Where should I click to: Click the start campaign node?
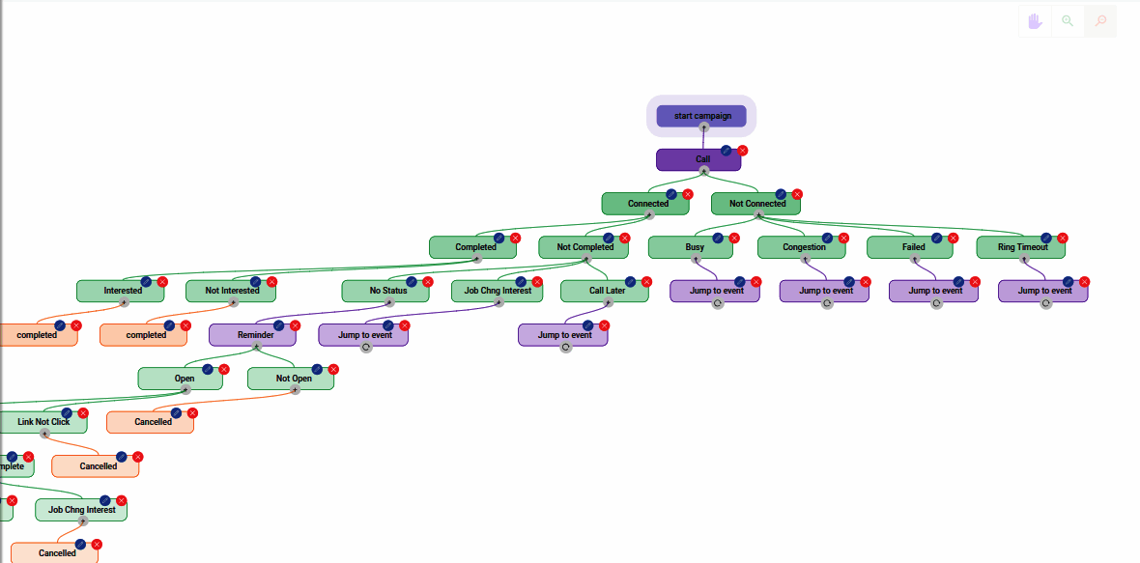point(702,116)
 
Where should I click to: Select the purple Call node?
point(698,159)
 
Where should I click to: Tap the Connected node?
point(645,204)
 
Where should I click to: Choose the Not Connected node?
point(755,204)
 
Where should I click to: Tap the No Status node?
point(385,291)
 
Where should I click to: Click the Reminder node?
point(253,335)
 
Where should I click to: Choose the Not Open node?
point(291,379)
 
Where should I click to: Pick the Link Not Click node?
point(43,422)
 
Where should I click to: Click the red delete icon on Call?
point(743,151)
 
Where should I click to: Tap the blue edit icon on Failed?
point(936,238)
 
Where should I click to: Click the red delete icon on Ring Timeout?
point(1063,238)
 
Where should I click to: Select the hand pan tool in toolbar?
point(1035,21)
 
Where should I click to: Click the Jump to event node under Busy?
point(714,291)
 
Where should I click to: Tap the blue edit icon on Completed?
point(499,238)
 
